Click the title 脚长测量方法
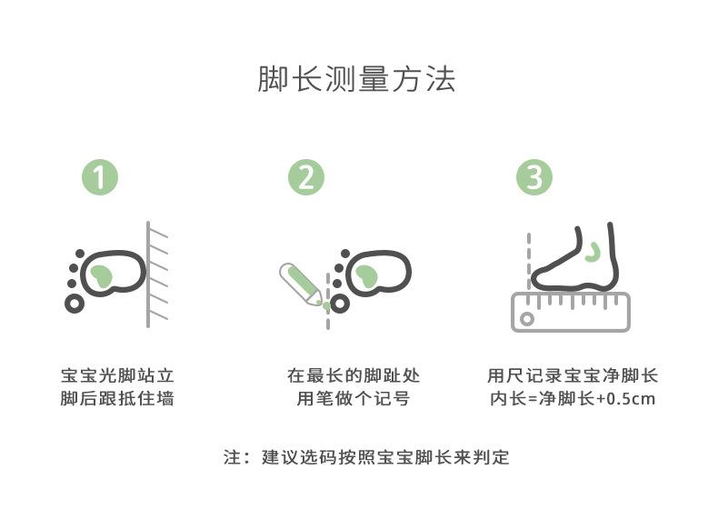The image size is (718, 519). point(356,79)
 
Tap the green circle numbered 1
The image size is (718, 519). point(100,177)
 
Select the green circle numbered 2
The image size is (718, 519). point(306,177)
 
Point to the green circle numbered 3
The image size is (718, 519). point(534,177)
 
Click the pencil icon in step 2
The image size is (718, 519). point(302,284)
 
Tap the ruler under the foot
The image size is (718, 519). point(571,312)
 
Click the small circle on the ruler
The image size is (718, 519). point(527,319)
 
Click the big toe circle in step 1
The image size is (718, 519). point(75,304)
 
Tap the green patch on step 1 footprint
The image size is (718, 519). point(101,276)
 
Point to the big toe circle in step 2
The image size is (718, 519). point(340,304)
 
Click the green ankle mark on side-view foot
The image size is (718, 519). point(593,252)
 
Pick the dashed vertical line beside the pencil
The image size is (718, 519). point(328,302)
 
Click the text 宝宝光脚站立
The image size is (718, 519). point(117,375)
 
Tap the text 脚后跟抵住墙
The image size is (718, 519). point(117,398)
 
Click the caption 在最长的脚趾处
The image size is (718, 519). point(353,375)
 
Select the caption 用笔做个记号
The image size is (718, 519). point(353,398)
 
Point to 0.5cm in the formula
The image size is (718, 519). point(631,398)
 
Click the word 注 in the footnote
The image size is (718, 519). point(232,456)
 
